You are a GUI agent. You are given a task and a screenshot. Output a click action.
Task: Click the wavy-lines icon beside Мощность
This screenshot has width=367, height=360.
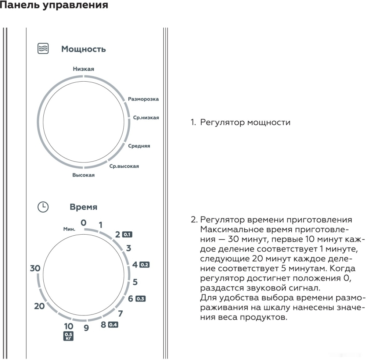click(x=43, y=49)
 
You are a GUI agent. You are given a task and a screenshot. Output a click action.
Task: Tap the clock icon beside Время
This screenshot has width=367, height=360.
click(x=43, y=207)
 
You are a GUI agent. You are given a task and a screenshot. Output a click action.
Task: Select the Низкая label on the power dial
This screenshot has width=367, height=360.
click(x=83, y=69)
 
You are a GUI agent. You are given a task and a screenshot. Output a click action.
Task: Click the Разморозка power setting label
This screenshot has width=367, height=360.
click(x=143, y=99)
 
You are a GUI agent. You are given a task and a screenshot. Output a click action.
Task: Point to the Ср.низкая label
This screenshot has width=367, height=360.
click(x=146, y=118)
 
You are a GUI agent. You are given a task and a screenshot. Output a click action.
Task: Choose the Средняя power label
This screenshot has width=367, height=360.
click(x=139, y=146)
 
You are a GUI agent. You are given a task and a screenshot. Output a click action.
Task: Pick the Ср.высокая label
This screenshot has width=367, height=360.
click(x=124, y=166)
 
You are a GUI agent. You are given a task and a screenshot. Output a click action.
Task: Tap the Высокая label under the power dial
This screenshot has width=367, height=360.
click(x=83, y=175)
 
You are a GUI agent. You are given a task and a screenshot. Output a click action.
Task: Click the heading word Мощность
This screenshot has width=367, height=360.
click(x=83, y=49)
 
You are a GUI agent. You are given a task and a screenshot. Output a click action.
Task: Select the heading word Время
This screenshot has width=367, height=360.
click(x=83, y=207)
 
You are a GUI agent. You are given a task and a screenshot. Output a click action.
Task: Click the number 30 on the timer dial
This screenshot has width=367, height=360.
click(x=35, y=268)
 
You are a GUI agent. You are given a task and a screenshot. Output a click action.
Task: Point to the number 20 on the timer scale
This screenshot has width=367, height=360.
click(x=39, y=306)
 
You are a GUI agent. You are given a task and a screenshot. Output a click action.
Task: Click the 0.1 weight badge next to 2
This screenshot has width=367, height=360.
click(x=127, y=235)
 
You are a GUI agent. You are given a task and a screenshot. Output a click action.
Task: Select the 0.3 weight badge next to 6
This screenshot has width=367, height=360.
click(x=140, y=299)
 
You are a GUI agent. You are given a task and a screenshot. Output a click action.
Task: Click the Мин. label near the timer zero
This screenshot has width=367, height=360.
click(x=69, y=229)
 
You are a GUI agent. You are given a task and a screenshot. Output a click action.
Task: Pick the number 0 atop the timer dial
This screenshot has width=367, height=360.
click(x=83, y=222)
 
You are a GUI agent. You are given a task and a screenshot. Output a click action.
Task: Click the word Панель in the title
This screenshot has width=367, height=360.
click(x=20, y=6)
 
